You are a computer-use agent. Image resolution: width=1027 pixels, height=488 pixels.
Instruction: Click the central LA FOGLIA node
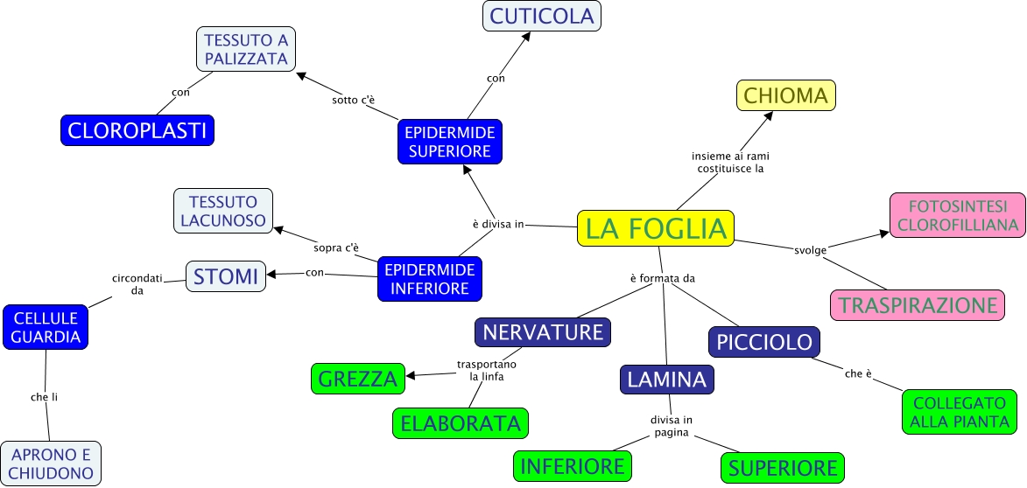pos(656,228)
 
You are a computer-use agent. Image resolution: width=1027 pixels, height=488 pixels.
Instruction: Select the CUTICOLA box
pos(542,16)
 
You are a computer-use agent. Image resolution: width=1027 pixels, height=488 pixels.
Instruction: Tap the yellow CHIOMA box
pos(786,95)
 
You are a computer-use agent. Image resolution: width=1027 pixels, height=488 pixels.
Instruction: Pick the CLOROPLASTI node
pos(137,130)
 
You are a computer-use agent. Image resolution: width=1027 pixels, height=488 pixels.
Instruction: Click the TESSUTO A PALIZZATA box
pos(246,49)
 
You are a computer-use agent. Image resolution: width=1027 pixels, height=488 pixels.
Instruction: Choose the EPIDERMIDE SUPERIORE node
pos(448,142)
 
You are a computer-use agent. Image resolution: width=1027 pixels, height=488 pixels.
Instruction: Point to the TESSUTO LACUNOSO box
pos(223,210)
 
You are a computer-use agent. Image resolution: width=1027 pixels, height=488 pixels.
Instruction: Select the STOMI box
pos(226,276)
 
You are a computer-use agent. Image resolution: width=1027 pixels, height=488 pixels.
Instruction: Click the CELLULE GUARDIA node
pos(46,327)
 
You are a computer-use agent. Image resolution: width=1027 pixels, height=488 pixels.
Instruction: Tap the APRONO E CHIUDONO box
pos(51,464)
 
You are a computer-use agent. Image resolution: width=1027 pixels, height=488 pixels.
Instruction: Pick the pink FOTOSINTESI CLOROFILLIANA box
pos(957,215)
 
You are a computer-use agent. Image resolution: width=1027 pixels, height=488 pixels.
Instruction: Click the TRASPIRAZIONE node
pos(917,305)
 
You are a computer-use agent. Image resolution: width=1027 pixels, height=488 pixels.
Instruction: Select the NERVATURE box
pos(543,332)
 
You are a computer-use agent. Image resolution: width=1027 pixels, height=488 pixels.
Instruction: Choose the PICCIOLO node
pos(764,342)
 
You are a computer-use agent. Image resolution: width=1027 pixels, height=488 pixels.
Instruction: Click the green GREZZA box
pos(358,379)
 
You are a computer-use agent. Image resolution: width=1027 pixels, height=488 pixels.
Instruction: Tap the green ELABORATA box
pos(461,423)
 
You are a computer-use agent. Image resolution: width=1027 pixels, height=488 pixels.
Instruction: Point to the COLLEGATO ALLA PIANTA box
pos(960,412)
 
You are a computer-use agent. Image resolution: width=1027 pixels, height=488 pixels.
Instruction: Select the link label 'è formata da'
pos(662,278)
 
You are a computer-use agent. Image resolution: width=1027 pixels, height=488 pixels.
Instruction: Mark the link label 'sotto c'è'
pos(354,100)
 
